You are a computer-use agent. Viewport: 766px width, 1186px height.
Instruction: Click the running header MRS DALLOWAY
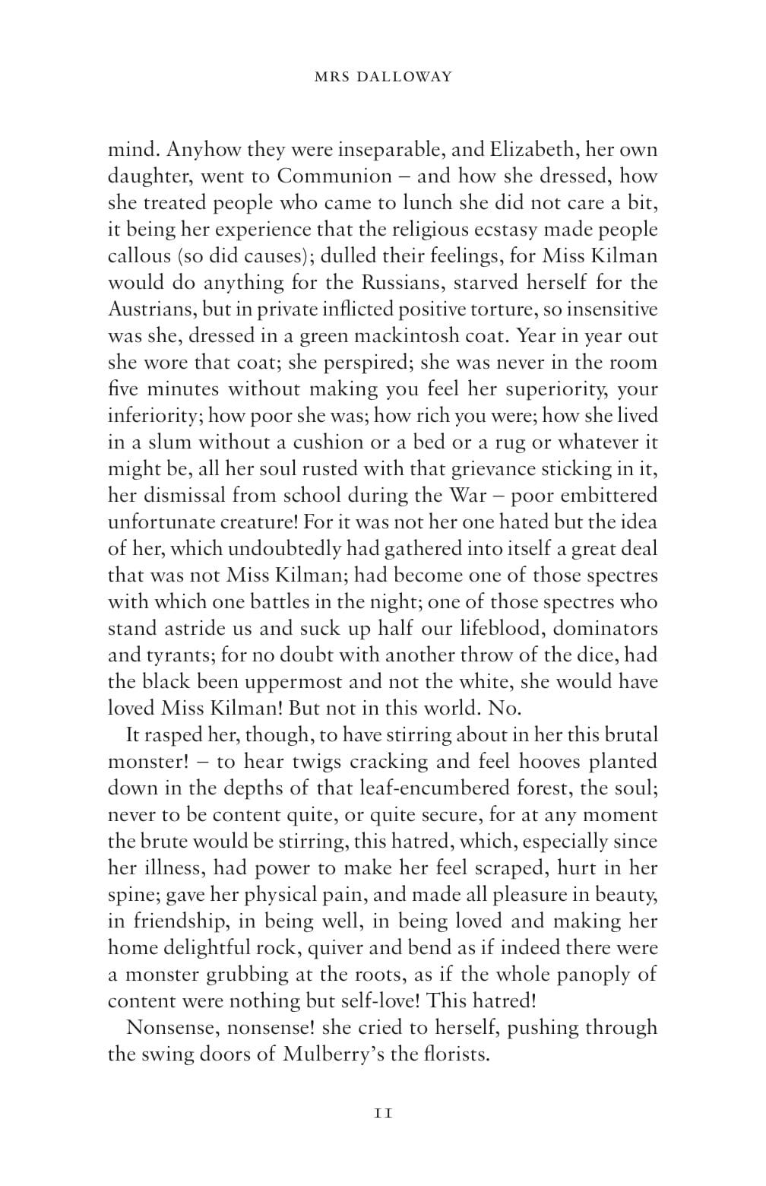click(383, 77)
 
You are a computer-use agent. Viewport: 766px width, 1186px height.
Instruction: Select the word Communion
click(334, 176)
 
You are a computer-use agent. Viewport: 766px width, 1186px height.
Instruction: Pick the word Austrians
click(150, 309)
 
